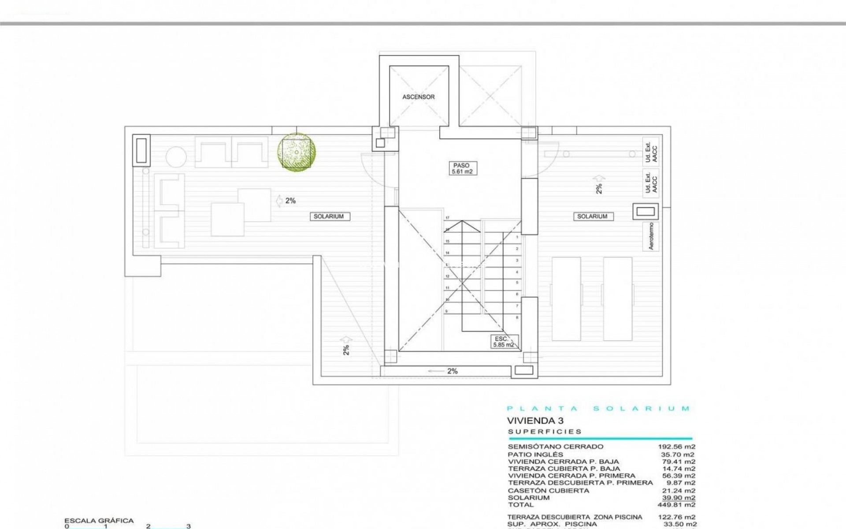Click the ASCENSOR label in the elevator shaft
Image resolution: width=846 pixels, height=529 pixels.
pos(418,97)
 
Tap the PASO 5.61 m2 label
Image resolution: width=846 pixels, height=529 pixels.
pos(461,168)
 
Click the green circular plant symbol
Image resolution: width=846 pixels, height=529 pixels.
pos(297,152)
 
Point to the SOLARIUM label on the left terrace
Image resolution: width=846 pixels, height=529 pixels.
pos(328,216)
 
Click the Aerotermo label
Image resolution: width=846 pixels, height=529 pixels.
pos(651,236)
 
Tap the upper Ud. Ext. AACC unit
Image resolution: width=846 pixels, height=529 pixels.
pos(651,153)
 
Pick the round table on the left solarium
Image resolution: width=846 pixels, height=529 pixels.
pos(175,156)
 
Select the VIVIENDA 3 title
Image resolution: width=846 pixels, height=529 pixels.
pos(535,421)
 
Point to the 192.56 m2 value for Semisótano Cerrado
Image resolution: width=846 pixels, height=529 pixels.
pos(676,447)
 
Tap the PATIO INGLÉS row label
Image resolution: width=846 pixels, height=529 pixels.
pos(535,454)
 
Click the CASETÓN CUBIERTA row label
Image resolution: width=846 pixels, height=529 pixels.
pos(548,490)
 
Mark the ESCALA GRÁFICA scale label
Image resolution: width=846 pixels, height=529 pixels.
pos(99,521)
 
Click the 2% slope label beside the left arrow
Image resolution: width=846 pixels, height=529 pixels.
pos(290,201)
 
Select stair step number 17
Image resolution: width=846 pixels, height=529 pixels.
pos(447,218)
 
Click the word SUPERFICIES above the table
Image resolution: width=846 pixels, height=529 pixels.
pos(545,432)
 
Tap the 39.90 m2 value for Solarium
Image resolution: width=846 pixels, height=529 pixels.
pos(679,498)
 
